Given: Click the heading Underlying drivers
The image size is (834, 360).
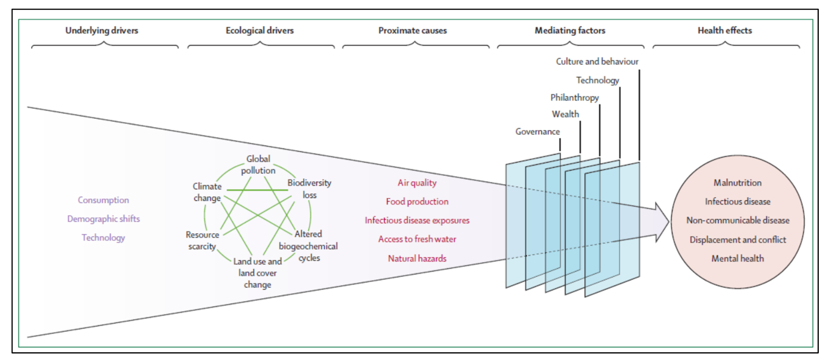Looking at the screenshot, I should (102, 30).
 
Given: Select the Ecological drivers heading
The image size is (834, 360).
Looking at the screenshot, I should (260, 30).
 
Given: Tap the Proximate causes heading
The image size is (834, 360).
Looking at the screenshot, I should (412, 30).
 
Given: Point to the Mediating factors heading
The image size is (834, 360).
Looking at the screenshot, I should (570, 30).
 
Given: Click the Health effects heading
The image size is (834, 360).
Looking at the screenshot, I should (725, 30).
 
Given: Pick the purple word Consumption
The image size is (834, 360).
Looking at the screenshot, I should (103, 200).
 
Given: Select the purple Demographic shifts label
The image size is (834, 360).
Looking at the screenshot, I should (103, 219).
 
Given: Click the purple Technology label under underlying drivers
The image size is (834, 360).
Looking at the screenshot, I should (103, 238).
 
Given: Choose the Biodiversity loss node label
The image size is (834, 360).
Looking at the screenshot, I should (309, 189).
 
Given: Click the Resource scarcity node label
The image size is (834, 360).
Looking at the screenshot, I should (202, 241).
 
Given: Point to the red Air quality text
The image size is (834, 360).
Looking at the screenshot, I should (417, 183).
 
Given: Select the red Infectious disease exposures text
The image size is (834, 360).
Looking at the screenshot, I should (417, 220).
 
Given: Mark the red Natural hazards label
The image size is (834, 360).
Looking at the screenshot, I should (417, 258).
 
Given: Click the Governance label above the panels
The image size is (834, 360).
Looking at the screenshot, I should (537, 132).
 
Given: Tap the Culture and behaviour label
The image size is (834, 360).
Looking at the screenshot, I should (597, 62).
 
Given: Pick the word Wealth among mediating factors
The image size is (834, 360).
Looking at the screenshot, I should (565, 114).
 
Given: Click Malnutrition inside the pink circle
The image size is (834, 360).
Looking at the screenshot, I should (737, 183).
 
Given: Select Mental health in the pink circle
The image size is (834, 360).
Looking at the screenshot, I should (737, 258).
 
